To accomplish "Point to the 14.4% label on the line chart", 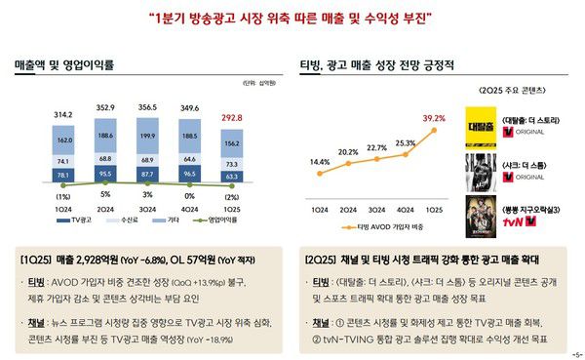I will [319, 162].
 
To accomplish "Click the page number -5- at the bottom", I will [574, 353].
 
